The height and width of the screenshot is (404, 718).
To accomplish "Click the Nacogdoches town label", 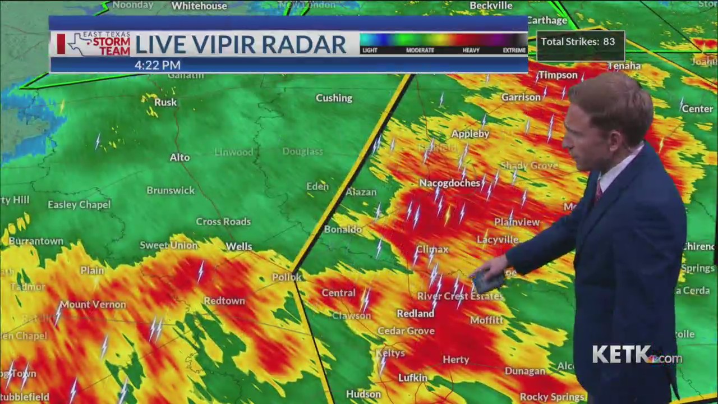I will [449, 183].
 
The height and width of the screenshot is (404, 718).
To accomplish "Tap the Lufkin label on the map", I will [412, 378].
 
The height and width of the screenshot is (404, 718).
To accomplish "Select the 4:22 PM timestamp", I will [157, 65].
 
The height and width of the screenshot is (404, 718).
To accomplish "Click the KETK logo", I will [637, 355].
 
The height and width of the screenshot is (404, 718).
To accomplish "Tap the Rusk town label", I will [165, 102].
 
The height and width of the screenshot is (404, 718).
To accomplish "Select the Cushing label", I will [334, 98].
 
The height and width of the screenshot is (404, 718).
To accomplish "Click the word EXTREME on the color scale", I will [514, 50].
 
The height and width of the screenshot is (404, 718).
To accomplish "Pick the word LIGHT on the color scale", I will [370, 50].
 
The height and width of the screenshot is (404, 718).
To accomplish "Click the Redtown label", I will [224, 301].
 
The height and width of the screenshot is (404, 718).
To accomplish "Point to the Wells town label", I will [239, 246].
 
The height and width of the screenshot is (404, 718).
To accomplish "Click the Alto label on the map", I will [179, 157].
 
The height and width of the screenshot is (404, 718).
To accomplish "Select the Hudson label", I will [363, 394].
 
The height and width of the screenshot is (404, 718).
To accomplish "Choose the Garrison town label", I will [521, 97].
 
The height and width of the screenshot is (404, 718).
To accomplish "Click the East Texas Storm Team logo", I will [95, 44].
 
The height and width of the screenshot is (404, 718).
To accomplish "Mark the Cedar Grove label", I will [406, 331].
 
